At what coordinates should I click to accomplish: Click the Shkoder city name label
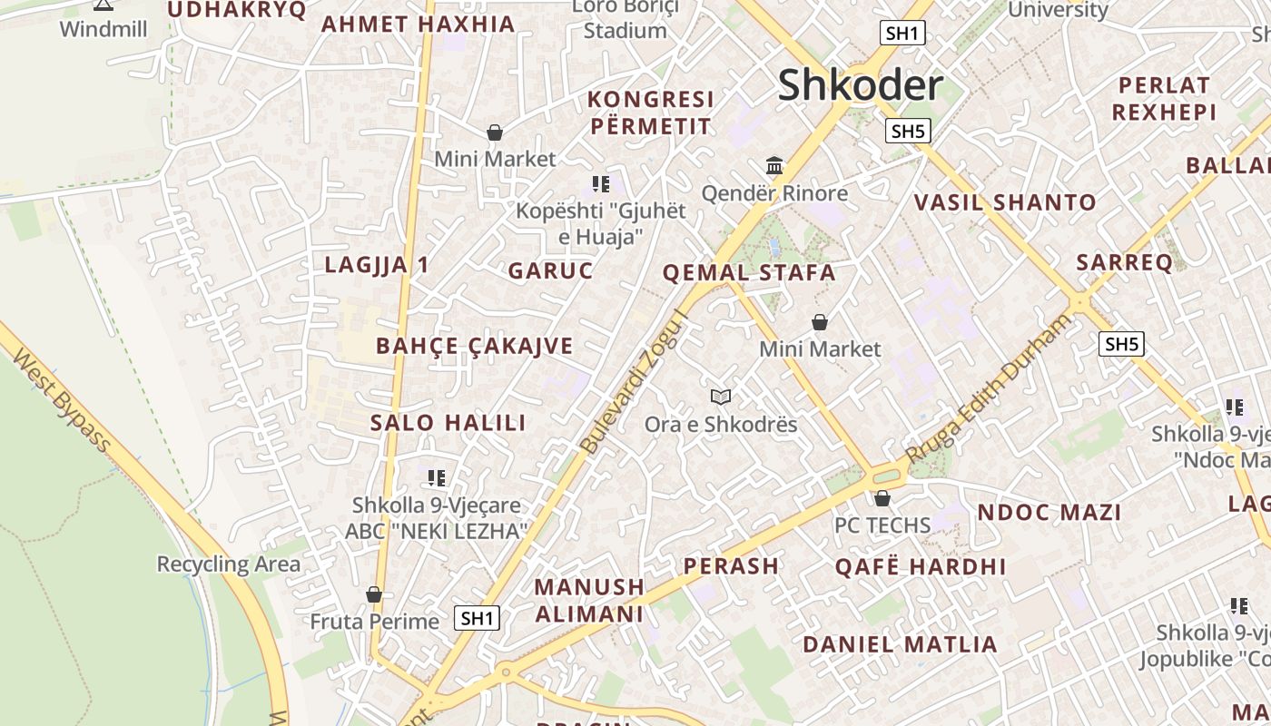point(860,84)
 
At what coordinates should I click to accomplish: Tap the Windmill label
point(103,28)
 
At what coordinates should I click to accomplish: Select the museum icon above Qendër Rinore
point(774,166)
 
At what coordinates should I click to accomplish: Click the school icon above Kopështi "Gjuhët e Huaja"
point(600,184)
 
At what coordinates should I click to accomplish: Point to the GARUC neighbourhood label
point(550,270)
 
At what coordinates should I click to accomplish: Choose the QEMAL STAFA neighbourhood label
point(749,272)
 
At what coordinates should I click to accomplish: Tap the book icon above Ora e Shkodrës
point(721,397)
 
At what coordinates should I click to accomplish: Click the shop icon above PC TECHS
point(882,498)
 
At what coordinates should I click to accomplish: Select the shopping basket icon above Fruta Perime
point(374,594)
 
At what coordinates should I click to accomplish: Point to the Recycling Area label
point(228,564)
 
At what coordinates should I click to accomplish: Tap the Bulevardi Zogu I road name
point(634,386)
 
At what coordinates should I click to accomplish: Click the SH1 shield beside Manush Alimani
point(477,618)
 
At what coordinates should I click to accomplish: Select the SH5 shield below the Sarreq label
point(1121,344)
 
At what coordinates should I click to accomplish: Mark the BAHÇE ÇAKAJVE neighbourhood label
point(475,346)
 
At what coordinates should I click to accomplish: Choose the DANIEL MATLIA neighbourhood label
point(900,644)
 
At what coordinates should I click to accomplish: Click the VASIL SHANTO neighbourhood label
point(1005,202)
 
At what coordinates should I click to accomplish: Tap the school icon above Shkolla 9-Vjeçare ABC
point(437,478)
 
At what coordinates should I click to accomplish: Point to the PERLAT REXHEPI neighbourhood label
point(1164,99)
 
